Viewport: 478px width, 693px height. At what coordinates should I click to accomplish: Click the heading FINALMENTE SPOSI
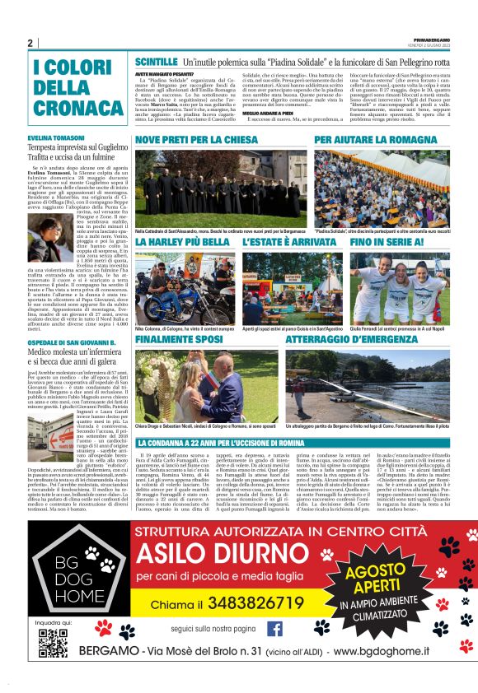180,338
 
